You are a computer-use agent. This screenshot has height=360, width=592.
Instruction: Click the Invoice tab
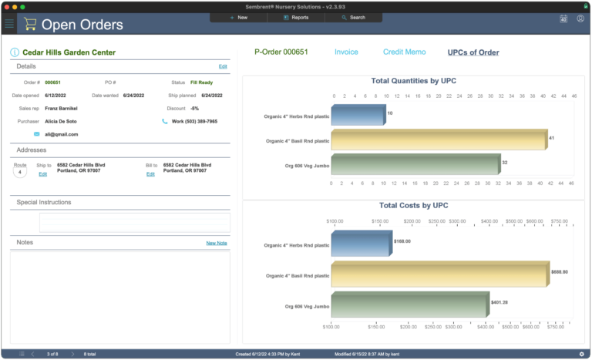point(346,52)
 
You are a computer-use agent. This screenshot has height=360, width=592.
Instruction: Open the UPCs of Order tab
point(473,52)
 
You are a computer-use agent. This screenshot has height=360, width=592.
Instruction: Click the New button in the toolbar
point(239,17)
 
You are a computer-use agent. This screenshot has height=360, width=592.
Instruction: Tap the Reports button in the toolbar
point(295,17)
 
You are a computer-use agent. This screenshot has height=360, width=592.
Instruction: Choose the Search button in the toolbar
point(353,17)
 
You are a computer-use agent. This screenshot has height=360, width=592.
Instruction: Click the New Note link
point(216,243)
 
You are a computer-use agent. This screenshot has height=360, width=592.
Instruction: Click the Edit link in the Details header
point(223,67)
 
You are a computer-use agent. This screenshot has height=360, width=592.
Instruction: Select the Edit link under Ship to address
point(43,174)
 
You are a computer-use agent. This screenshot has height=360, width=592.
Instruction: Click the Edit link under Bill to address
point(150,174)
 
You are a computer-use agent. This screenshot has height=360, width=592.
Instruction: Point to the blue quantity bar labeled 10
point(358,115)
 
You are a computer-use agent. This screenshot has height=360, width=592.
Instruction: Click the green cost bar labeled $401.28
point(409,303)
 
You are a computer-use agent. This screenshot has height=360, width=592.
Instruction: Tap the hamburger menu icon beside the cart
point(9,24)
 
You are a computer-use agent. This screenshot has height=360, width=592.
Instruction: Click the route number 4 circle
point(20,171)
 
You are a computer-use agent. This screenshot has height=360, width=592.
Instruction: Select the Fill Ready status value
point(202,82)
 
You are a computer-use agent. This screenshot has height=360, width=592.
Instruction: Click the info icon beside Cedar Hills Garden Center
point(15,52)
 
